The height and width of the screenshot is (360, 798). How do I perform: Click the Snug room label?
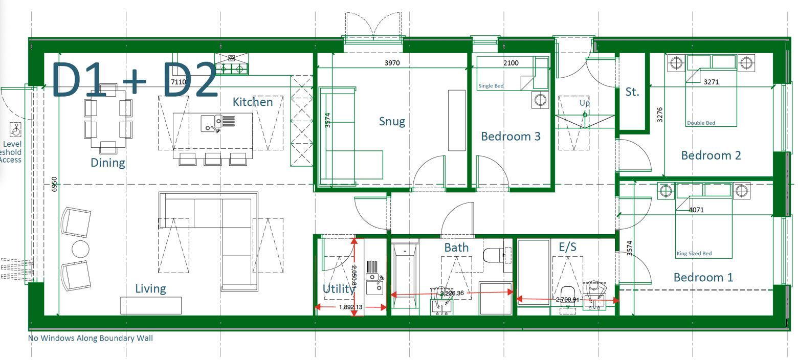click(392, 121)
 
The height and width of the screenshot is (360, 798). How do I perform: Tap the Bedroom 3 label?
click(511, 137)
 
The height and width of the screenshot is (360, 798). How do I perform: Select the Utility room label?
click(339, 289)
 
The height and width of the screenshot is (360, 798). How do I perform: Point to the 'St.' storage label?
click(632, 92)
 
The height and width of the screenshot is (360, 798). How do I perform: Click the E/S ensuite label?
click(567, 247)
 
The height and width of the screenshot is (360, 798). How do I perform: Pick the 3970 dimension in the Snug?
click(392, 63)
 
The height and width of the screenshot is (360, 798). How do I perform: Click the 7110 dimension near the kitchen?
click(179, 82)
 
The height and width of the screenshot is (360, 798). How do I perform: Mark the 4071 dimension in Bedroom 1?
click(696, 210)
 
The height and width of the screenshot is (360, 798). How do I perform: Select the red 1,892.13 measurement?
click(350, 307)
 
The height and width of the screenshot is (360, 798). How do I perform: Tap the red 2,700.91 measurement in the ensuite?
click(567, 300)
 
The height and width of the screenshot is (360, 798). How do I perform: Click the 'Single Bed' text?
click(491, 86)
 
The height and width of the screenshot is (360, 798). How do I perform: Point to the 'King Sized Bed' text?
click(694, 254)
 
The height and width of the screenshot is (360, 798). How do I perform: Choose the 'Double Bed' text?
click(701, 123)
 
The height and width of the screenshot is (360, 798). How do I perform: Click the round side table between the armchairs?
click(80, 249)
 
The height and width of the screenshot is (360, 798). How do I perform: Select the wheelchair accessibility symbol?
click(16, 129)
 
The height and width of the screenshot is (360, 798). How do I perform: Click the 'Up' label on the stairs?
click(584, 103)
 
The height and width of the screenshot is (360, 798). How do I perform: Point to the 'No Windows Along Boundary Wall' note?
click(90, 338)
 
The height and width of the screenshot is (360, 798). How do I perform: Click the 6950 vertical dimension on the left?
click(55, 184)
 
